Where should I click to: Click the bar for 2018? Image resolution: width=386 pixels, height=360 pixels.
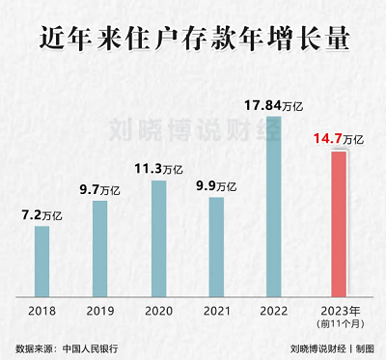click(42, 260)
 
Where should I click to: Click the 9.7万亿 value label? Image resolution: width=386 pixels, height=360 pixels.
click(99, 189)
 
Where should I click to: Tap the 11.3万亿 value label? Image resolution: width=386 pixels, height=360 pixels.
click(160, 170)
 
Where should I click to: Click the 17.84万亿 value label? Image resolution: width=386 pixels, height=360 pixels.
click(272, 105)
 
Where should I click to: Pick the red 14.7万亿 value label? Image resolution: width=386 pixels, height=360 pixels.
click(337, 140)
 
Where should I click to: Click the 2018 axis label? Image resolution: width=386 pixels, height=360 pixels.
click(42, 311)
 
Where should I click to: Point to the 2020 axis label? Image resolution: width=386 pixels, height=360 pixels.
click(158, 311)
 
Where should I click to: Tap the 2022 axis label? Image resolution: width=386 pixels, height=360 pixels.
click(274, 311)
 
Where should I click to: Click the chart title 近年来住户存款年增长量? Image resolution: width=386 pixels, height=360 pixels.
click(193, 40)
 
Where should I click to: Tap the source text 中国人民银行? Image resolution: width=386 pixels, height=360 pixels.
click(92, 347)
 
